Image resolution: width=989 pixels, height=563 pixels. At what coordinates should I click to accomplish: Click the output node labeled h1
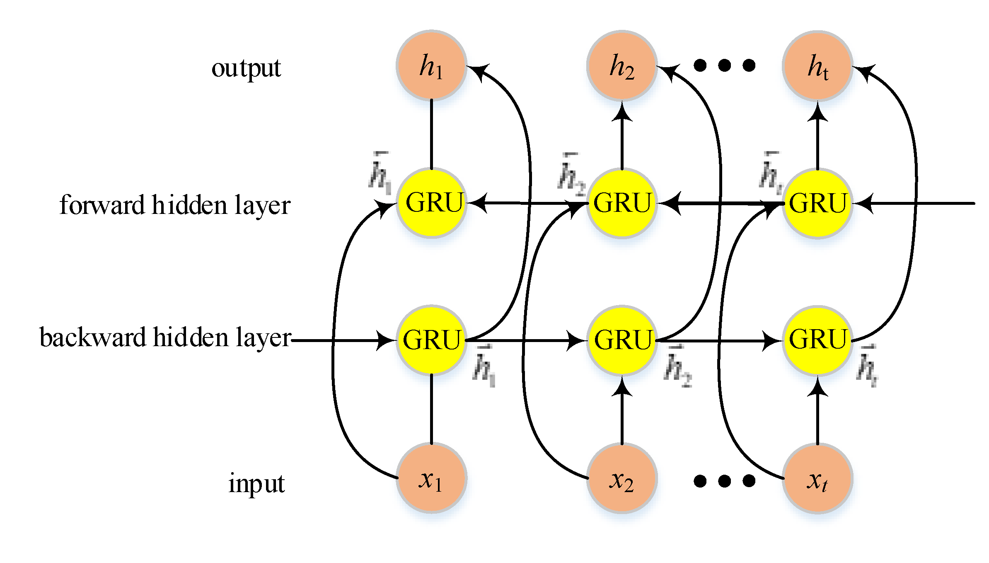[431, 66]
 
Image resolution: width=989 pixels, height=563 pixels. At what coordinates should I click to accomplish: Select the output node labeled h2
[622, 66]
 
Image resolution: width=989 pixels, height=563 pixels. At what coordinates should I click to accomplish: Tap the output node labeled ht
[817, 66]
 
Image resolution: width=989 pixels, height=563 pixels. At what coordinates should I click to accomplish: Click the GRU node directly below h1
[431, 203]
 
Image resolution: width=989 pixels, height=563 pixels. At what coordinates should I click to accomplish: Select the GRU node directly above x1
[431, 340]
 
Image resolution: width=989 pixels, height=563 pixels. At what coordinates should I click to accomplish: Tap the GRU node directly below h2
[622, 203]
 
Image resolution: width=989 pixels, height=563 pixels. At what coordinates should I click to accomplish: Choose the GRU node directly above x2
[622, 340]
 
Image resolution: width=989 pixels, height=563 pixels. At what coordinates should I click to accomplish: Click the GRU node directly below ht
[817, 203]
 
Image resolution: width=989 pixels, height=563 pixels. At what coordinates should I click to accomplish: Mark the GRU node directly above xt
[817, 340]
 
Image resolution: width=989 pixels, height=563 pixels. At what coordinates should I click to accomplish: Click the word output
[246, 68]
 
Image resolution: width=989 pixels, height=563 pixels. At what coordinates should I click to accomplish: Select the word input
[256, 483]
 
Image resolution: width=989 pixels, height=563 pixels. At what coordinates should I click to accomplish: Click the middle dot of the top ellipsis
[724, 65]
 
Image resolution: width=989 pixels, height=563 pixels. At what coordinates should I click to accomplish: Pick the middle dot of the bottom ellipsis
[724, 481]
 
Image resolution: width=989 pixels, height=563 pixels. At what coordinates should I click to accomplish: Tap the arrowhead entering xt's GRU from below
[817, 387]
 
